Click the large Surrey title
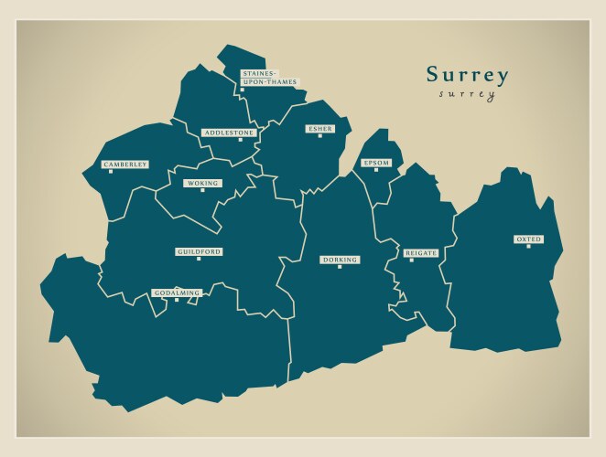coord(467,75)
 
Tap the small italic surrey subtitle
coord(467,94)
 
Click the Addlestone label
coord(229,133)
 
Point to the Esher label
coord(320,129)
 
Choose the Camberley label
coord(125,165)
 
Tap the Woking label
coord(202,183)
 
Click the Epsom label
coord(376,163)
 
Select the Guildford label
coord(199,251)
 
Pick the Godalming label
coord(177,292)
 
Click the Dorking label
coord(340,260)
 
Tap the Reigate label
coord(421,252)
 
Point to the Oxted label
coord(528,239)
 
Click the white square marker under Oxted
coord(528,246)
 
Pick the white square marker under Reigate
coord(411,260)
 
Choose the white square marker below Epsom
coord(375,170)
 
